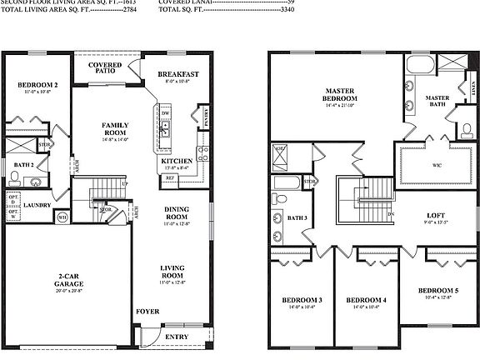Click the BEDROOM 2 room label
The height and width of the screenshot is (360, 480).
click(37, 85)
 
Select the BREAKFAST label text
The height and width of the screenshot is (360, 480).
click(177, 74)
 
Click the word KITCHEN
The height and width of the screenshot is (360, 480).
click(177, 160)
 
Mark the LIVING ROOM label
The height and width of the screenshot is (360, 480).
click(172, 271)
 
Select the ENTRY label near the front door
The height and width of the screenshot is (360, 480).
click(177, 337)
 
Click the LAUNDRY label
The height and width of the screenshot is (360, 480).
click(38, 204)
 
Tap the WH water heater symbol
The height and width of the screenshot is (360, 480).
click(62, 217)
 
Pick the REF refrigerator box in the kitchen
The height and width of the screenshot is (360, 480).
click(169, 177)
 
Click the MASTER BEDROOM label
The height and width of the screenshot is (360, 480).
click(342, 94)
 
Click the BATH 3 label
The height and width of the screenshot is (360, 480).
click(297, 218)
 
